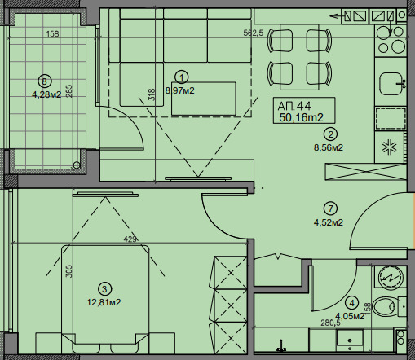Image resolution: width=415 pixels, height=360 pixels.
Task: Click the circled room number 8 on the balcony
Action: [x=45, y=81]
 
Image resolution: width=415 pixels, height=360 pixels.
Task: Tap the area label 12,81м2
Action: [x=104, y=302]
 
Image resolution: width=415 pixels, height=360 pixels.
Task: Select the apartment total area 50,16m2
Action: [x=301, y=117]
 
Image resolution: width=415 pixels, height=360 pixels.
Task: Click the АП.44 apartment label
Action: [x=294, y=106]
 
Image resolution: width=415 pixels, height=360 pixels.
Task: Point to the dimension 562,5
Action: [x=254, y=33]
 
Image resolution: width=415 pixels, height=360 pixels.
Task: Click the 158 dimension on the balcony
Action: [x=52, y=34]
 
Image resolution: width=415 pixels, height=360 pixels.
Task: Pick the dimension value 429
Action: [x=130, y=239]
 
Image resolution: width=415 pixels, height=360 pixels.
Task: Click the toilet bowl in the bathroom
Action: [x=384, y=307]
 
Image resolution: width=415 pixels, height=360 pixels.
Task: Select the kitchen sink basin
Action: [x=391, y=83]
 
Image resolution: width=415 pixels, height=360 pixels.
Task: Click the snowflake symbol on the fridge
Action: [x=390, y=147]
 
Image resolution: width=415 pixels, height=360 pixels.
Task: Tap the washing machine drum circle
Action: [x=390, y=277]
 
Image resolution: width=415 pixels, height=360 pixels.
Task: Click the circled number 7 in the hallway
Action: [x=330, y=209]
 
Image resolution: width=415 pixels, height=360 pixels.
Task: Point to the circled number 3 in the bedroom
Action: [x=104, y=289]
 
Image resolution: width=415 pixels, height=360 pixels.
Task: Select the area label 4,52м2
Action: [x=329, y=222]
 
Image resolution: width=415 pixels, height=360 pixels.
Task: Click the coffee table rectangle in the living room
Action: [x=203, y=99]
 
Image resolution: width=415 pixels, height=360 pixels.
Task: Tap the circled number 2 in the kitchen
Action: [x=330, y=134]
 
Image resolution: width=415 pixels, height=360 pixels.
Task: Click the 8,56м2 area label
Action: [x=329, y=147]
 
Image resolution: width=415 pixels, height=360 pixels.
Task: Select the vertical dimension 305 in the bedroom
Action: [x=69, y=271]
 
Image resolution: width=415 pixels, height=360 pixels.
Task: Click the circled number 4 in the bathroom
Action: [x=352, y=303]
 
